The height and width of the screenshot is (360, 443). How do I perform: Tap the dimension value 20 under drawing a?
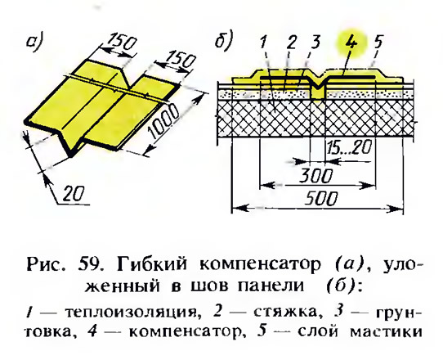point(73,194)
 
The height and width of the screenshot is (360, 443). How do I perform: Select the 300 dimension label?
point(315,176)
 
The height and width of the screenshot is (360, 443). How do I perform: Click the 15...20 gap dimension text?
point(349,147)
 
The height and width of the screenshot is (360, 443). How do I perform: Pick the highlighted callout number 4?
point(351,43)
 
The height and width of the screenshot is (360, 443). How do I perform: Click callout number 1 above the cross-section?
point(263,43)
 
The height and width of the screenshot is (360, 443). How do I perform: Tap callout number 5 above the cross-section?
point(378,42)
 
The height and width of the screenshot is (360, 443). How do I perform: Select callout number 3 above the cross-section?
point(315,42)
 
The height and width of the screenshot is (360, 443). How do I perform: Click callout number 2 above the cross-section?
point(291,43)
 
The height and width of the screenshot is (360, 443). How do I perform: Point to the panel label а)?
point(34,43)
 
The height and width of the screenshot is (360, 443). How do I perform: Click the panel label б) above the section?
point(224,40)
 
